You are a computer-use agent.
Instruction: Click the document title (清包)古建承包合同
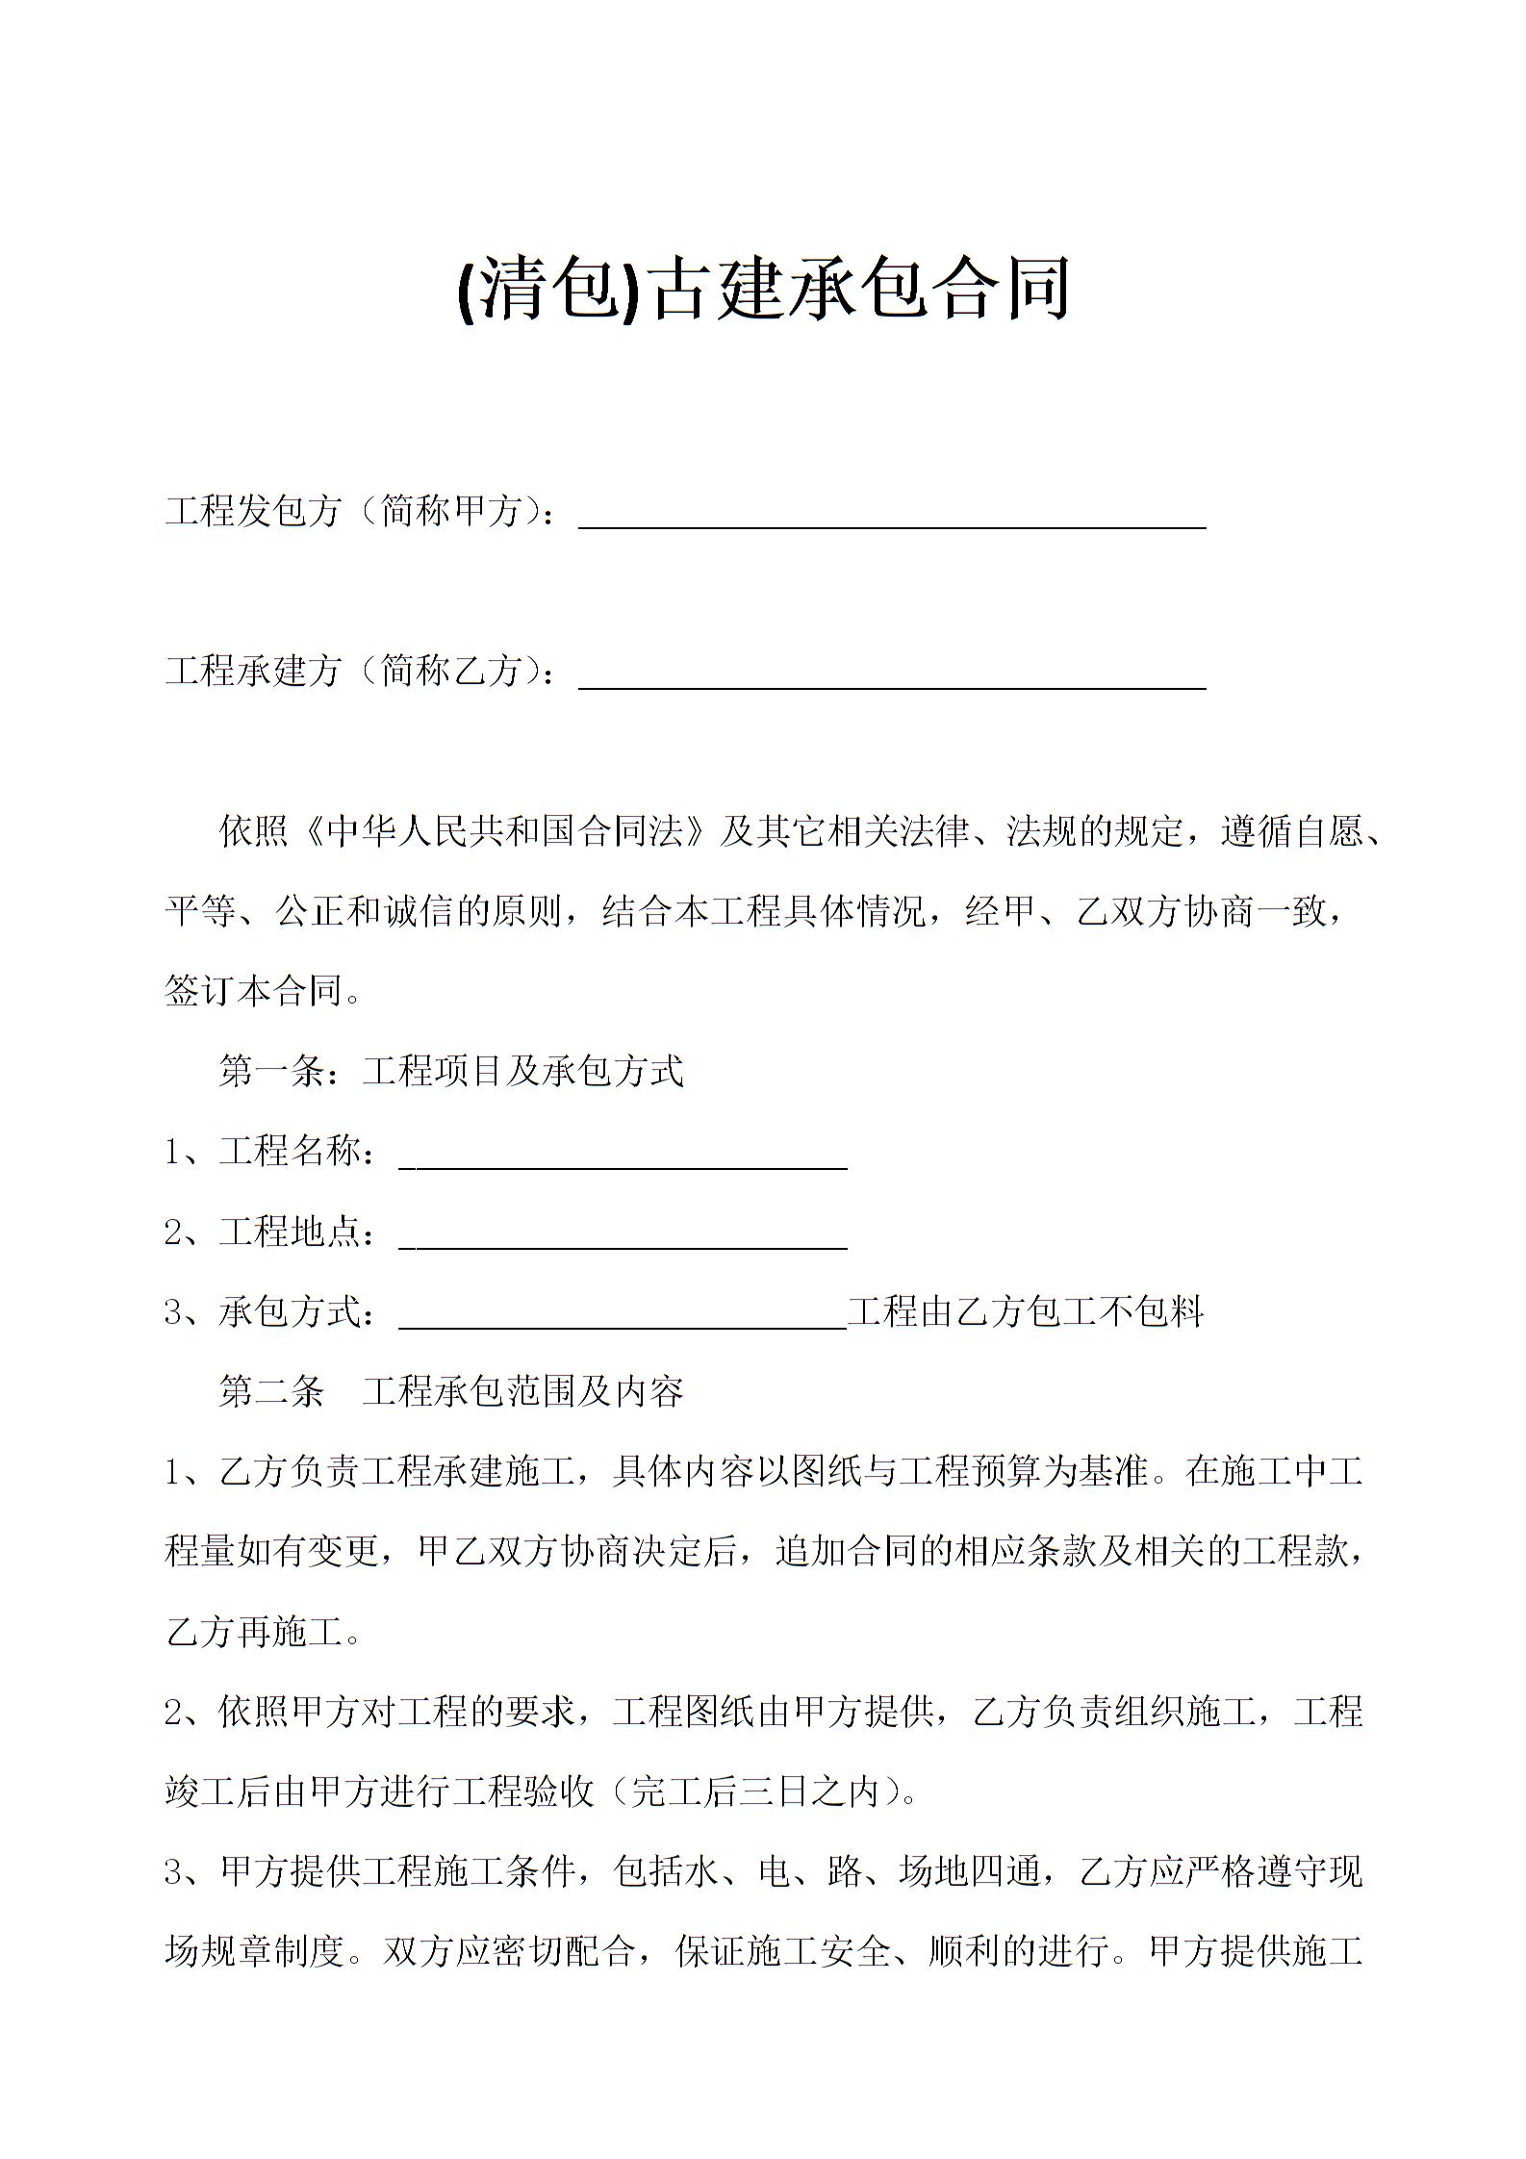coord(763,288)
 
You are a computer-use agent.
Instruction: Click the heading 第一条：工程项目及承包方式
coord(450,1071)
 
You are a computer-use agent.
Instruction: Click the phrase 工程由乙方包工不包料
coord(1026,1311)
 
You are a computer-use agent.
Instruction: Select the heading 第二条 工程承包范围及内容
coord(450,1391)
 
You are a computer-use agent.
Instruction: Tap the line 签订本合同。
coord(263,991)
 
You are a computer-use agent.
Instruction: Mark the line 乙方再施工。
coord(263,1632)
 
